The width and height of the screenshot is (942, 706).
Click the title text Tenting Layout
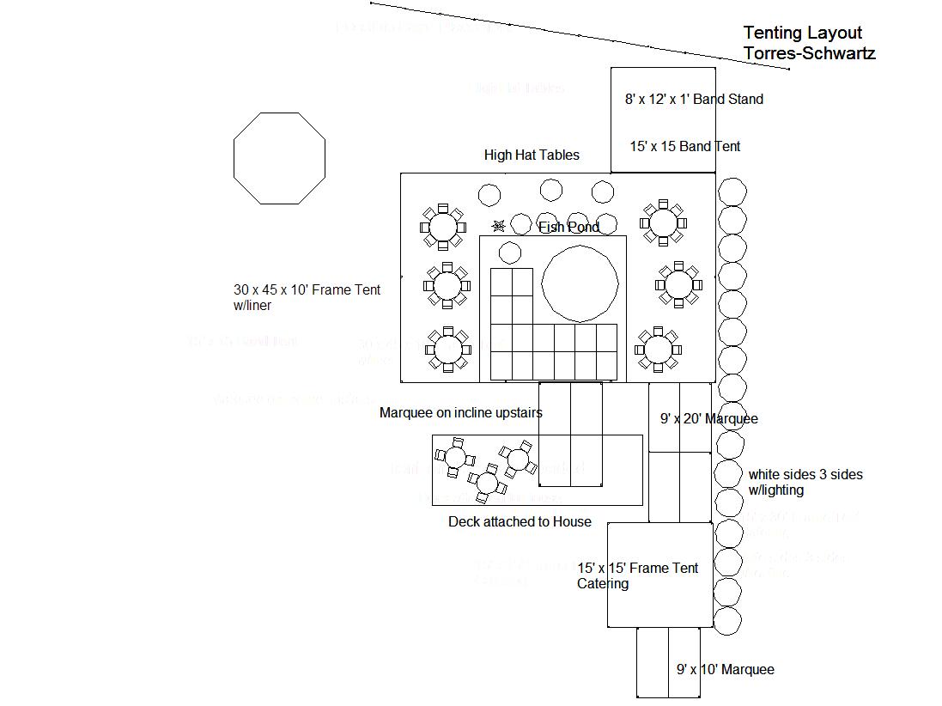(x=802, y=33)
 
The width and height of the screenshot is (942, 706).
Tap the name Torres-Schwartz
(x=809, y=53)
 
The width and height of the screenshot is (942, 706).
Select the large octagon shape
(x=280, y=158)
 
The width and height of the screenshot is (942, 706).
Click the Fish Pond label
(x=568, y=228)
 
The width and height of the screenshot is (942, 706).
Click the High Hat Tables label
(x=532, y=155)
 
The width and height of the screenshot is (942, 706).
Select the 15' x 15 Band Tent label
(x=684, y=147)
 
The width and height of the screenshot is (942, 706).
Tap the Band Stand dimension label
(x=694, y=100)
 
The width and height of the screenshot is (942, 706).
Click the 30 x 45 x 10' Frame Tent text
(x=307, y=290)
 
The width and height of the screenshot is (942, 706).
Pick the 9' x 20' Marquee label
(x=708, y=419)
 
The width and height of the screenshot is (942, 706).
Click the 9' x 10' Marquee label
(x=725, y=670)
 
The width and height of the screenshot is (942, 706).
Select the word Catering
(x=602, y=584)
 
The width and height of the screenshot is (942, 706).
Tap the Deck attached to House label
(x=520, y=522)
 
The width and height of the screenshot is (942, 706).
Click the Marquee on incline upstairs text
(x=460, y=413)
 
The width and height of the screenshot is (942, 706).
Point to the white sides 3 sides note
(x=805, y=474)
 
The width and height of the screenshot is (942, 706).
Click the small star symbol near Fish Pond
(x=498, y=226)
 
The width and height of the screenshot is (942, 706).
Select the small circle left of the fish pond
(x=510, y=253)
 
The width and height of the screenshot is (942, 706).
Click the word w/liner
(x=252, y=306)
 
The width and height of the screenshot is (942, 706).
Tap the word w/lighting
(x=775, y=490)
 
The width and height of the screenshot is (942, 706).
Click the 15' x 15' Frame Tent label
(x=638, y=569)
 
